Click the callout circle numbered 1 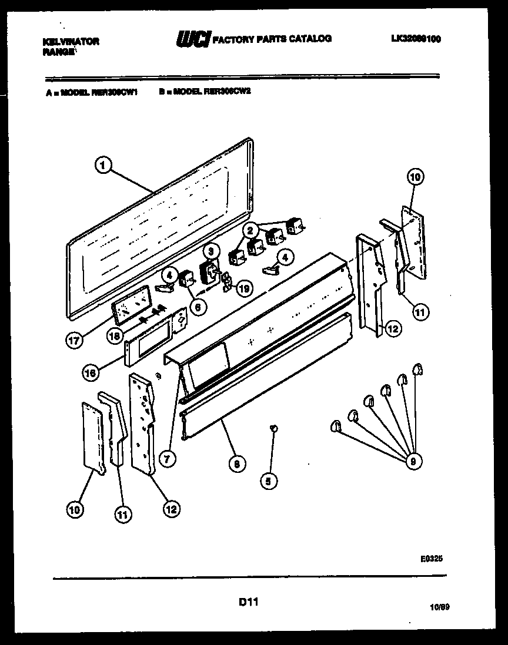[x=103, y=166]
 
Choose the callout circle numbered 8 [x=236, y=463]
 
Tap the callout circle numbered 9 [x=413, y=461]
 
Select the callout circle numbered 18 [x=115, y=336]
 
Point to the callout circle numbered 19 [x=243, y=288]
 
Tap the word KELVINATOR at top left [x=71, y=41]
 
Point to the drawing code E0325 [x=431, y=560]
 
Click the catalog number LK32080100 [x=415, y=39]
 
